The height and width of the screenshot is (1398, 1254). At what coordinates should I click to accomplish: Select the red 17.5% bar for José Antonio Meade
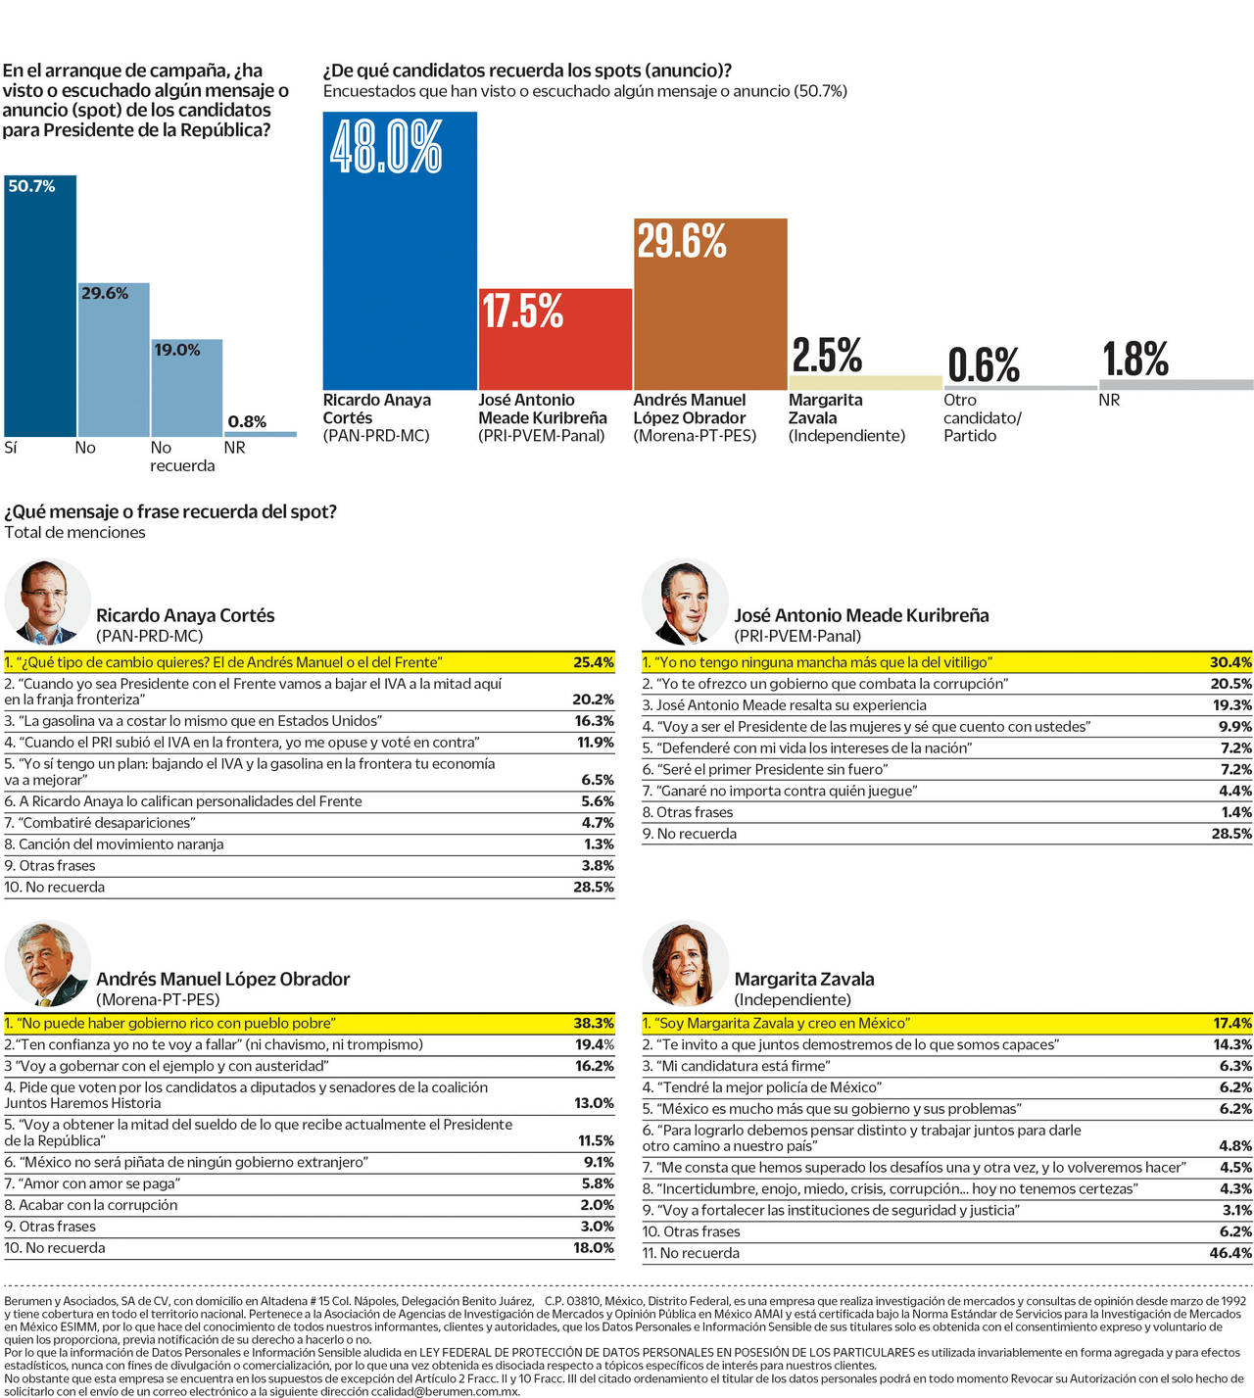click(555, 343)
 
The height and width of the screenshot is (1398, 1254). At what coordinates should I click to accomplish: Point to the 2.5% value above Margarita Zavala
click(827, 356)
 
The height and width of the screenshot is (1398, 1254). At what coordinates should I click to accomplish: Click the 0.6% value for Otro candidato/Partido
click(984, 365)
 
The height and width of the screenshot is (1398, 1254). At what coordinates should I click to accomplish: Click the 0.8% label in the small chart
click(247, 421)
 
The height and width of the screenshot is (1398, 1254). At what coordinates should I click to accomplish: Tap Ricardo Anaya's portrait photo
click(47, 602)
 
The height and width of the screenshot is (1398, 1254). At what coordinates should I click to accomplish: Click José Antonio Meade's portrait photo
click(685, 602)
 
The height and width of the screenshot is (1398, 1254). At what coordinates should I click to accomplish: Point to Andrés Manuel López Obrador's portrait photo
click(47, 964)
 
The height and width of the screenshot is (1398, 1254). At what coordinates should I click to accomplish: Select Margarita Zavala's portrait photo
click(685, 964)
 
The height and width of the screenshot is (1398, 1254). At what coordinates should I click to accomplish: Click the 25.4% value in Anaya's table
click(594, 662)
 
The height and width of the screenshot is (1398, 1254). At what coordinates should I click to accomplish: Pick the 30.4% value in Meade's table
click(1230, 662)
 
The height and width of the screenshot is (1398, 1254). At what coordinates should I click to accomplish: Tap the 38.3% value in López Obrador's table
click(594, 1023)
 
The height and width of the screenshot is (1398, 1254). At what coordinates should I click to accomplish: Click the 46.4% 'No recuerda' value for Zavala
click(1230, 1253)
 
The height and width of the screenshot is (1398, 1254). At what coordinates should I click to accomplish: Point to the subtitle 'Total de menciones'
click(75, 532)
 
